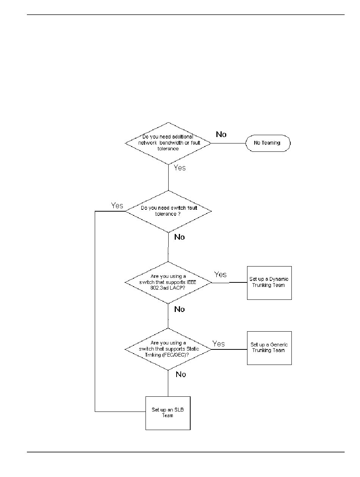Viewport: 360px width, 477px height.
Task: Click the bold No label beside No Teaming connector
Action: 221,134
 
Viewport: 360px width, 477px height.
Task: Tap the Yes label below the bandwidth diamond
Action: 180,168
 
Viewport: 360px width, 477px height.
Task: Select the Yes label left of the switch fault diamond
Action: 117,205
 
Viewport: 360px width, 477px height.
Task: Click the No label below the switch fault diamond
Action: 180,237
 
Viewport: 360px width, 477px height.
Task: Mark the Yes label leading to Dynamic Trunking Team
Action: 220,274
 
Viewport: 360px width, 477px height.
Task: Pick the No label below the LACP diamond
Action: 180,309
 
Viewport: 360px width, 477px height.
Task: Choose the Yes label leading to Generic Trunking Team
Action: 218,344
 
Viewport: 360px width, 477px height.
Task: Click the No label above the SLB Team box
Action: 181,374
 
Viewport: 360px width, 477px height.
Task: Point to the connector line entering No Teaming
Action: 228,143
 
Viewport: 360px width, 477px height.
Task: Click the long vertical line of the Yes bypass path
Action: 95,311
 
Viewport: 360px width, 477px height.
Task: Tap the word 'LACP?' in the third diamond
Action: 177,288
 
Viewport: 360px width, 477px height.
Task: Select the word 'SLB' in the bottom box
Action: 179,410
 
